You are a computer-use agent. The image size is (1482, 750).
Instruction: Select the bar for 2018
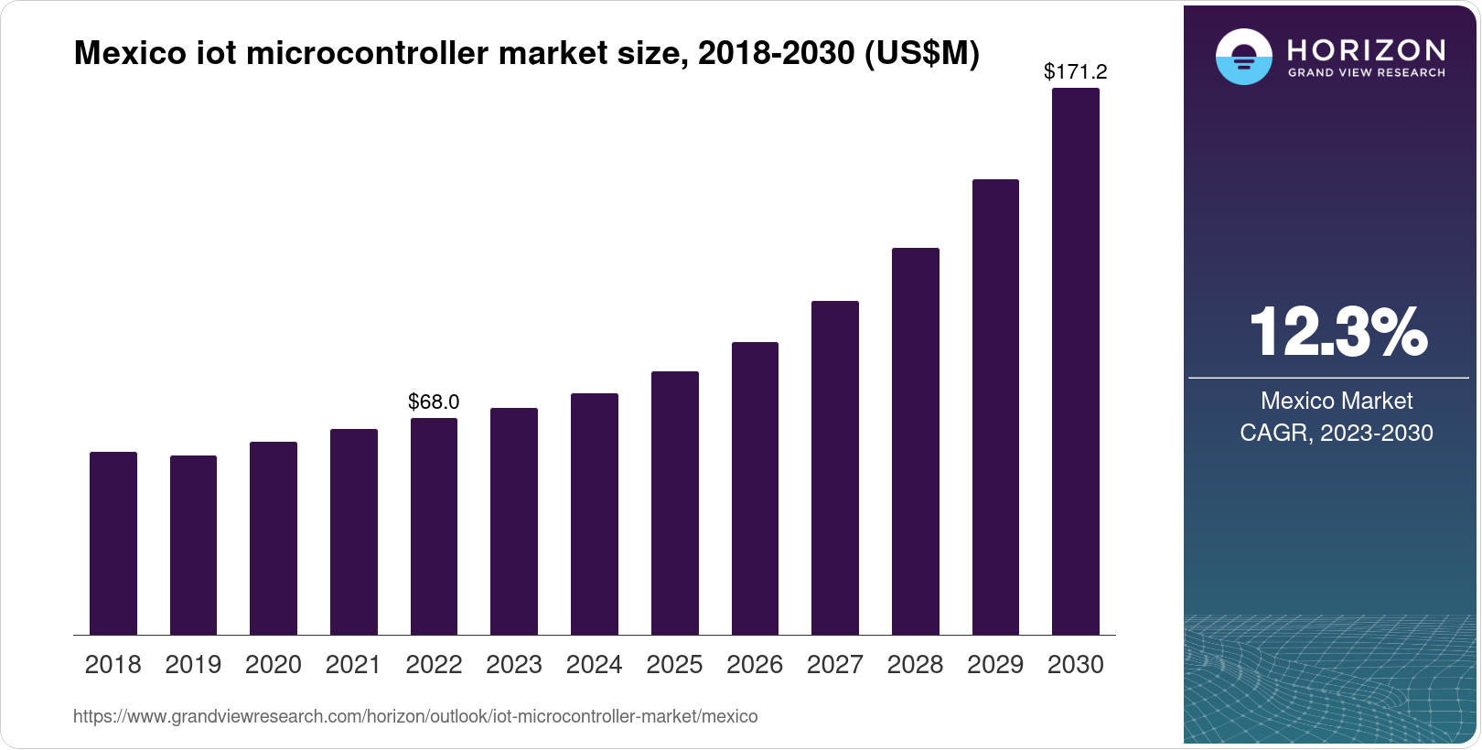pos(113,543)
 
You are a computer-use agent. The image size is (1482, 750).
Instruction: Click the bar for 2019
pos(193,545)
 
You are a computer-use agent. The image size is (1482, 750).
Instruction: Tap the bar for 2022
pos(434,527)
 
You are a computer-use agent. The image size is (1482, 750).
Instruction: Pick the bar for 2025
pos(675,503)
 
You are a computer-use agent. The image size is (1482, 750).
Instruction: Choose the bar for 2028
pos(916,442)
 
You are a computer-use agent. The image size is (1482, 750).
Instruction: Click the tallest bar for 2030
pos(1076,361)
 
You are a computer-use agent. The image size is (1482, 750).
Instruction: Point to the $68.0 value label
pos(434,402)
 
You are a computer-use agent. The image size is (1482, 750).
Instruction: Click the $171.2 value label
pos(1076,71)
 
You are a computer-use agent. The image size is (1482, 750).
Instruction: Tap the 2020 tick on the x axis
pos(274,665)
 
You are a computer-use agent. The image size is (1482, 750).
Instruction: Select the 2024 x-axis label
pos(595,665)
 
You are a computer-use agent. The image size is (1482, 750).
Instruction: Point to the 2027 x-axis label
pos(835,665)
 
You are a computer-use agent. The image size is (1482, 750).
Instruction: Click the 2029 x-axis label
pos(995,665)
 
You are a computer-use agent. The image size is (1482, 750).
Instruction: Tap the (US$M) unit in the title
pos(921,54)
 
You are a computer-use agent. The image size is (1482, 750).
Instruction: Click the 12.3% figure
pos(1337,332)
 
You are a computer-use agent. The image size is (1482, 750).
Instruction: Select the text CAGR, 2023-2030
pos(1337,433)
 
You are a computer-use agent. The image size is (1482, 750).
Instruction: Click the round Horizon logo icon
pos(1243,57)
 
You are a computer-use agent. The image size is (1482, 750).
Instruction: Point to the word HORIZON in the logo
pos(1366,49)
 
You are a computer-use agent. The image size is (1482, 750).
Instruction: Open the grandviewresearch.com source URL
pos(415,717)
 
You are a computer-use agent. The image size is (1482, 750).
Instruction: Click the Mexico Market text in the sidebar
pos(1337,401)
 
